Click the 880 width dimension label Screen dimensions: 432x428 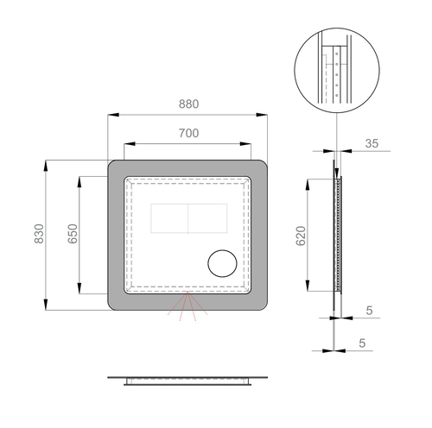tap(188, 104)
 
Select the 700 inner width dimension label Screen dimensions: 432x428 tap(188, 133)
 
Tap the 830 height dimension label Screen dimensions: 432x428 tap(39, 234)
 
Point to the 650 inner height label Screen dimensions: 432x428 tap(73, 234)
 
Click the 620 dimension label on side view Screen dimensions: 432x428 tap(301, 236)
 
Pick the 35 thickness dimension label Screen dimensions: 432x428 tap(372, 143)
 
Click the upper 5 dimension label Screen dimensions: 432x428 tap(369, 311)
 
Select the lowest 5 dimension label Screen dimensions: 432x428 tap(362, 343)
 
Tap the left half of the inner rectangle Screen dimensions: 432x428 tap(169, 218)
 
